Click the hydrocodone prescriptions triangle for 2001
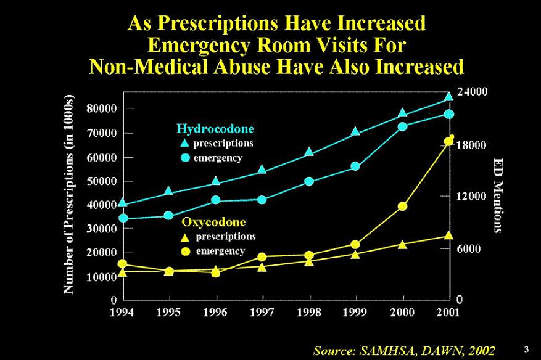tap(448, 96)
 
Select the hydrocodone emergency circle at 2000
tap(402, 127)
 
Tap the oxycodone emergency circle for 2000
tap(402, 207)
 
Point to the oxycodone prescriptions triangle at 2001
tap(448, 235)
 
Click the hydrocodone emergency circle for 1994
tap(123, 218)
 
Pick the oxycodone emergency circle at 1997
tap(262, 257)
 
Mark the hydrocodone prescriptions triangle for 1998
tap(310, 152)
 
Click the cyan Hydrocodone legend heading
tap(215, 129)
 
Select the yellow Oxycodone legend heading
tap(213, 222)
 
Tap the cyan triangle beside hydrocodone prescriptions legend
tap(184, 144)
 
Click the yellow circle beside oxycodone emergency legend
tap(184, 252)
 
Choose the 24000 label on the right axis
tap(472, 91)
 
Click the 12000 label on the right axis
tap(472, 196)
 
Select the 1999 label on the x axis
tap(356, 313)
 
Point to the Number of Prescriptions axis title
tap(69, 195)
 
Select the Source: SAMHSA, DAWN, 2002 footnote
tap(404, 351)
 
